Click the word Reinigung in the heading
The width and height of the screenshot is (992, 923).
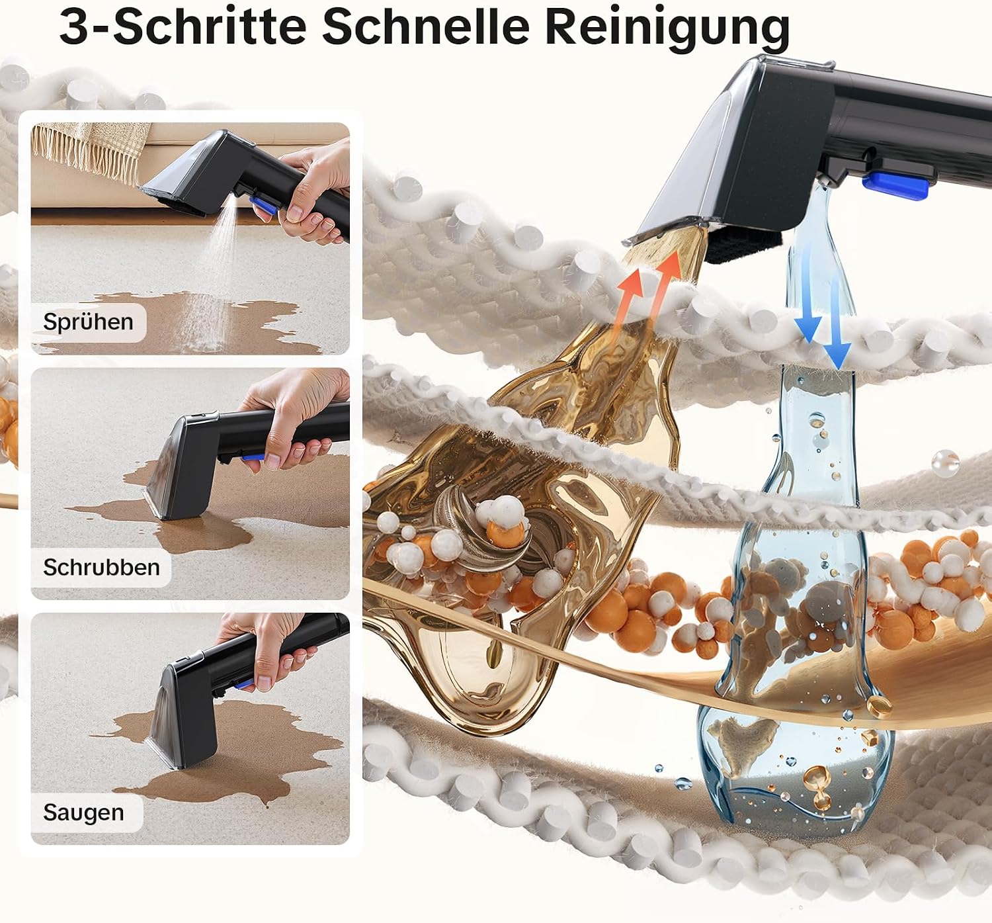pos(667,27)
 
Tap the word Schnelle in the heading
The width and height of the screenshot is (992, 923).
pos(426,26)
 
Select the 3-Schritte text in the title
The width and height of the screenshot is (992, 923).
pos(183,26)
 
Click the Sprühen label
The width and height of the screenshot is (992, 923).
pos(89,322)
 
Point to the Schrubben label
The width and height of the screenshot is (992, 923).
pos(101,567)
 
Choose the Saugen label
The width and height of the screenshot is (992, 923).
pos(83,812)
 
